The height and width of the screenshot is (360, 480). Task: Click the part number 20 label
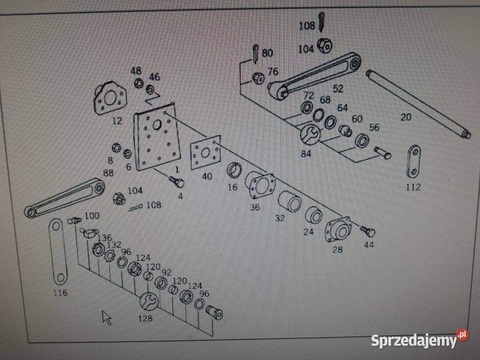[406, 117]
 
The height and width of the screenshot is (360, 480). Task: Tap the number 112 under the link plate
[413, 187]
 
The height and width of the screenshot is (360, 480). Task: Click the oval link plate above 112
[413, 161]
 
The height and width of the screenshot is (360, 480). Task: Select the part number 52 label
[338, 89]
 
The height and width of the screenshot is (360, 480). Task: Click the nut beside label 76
[258, 77]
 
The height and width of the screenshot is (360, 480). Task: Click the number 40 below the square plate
[207, 177]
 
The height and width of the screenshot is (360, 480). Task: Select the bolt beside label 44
[367, 231]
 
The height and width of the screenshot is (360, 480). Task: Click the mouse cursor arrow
[107, 317]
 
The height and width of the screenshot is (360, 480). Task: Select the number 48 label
[136, 70]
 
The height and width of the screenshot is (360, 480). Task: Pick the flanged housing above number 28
[339, 230]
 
